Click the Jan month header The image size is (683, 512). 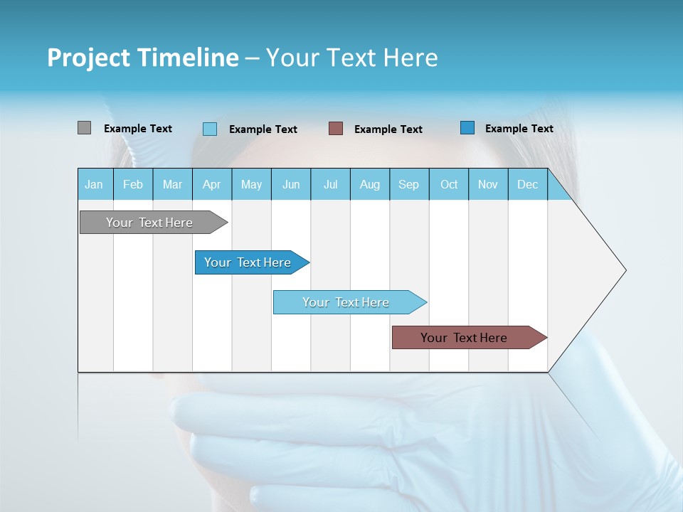[x=94, y=184]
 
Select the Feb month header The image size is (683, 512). [x=133, y=184]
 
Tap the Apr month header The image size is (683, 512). [x=211, y=184]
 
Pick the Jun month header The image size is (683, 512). [x=291, y=184]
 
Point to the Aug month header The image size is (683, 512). [x=369, y=184]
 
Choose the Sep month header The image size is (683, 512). [x=408, y=184]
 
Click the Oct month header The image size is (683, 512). [x=449, y=184]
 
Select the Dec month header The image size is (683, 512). [x=527, y=184]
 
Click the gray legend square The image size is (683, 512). [x=84, y=128]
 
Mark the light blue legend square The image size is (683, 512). [x=210, y=129]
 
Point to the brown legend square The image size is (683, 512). [x=336, y=129]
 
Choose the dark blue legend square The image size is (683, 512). [x=467, y=128]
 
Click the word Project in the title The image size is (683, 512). [x=88, y=58]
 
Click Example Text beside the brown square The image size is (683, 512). [x=388, y=129]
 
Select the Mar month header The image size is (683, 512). [x=172, y=184]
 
